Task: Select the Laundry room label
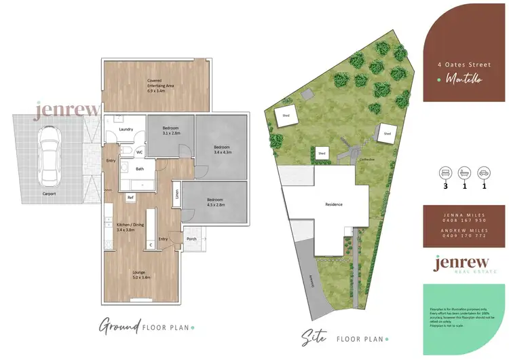[x=125, y=128]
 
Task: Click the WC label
[x=139, y=152]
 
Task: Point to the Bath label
[x=140, y=168]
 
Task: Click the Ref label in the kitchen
[x=130, y=197]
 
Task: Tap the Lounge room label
[x=141, y=274]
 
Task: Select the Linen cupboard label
[x=176, y=194]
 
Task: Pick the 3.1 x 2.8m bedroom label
[x=170, y=130]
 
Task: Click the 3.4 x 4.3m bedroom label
[x=223, y=149]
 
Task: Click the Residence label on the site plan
[x=333, y=204]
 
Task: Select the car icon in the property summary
[x=484, y=171]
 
